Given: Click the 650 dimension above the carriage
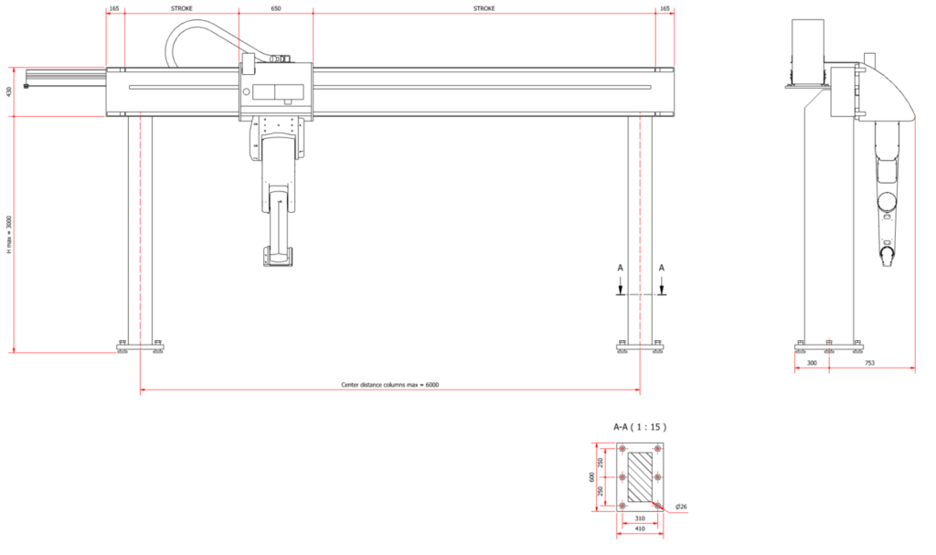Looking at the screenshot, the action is (x=276, y=9).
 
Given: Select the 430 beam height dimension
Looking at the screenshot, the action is (x=9, y=92).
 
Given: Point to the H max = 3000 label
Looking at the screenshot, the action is (x=9, y=235).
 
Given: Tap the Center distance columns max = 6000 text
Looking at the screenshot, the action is (x=389, y=385).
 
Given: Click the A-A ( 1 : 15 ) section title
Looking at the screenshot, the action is (x=640, y=427).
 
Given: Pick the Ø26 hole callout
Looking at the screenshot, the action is (x=681, y=507).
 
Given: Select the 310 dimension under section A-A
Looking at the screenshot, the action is (x=640, y=518).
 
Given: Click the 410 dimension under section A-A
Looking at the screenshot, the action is (x=640, y=528).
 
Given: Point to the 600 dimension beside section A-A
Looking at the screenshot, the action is (x=591, y=476).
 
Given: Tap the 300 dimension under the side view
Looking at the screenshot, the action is (x=812, y=363).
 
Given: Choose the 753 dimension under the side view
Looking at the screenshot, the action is (x=870, y=363).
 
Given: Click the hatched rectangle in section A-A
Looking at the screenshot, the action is (x=640, y=476).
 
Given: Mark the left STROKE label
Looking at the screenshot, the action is (x=182, y=9).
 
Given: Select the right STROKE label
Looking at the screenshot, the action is (x=484, y=9).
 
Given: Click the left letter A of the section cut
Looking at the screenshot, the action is (x=621, y=268).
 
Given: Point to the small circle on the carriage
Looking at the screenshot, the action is (x=247, y=92).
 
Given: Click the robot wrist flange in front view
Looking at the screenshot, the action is (x=278, y=258).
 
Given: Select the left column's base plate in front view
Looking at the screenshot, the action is (x=140, y=346).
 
